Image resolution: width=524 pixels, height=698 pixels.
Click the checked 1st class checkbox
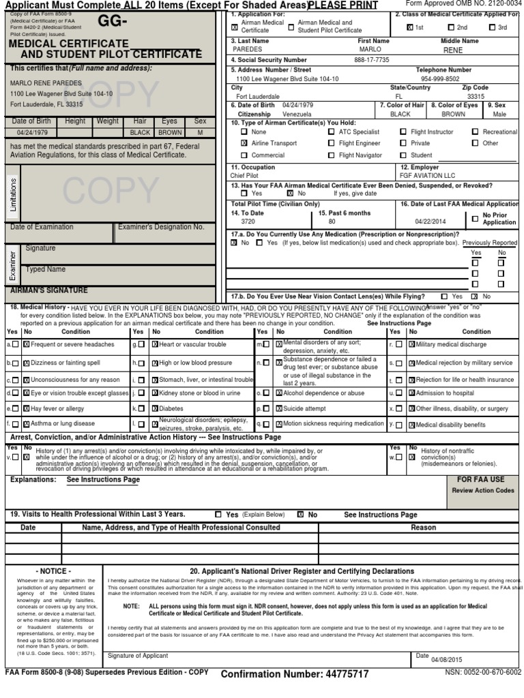[409, 28]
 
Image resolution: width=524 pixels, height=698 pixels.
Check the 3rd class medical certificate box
[493, 28]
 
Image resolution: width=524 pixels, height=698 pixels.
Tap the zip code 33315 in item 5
[476, 97]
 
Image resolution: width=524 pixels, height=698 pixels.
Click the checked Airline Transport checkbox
[244, 144]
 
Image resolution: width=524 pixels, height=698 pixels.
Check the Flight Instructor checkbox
[403, 132]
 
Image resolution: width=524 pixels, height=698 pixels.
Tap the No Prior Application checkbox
[475, 219]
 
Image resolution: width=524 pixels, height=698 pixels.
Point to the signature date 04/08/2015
[447, 660]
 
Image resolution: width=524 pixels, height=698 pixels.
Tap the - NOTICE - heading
[52, 571]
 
